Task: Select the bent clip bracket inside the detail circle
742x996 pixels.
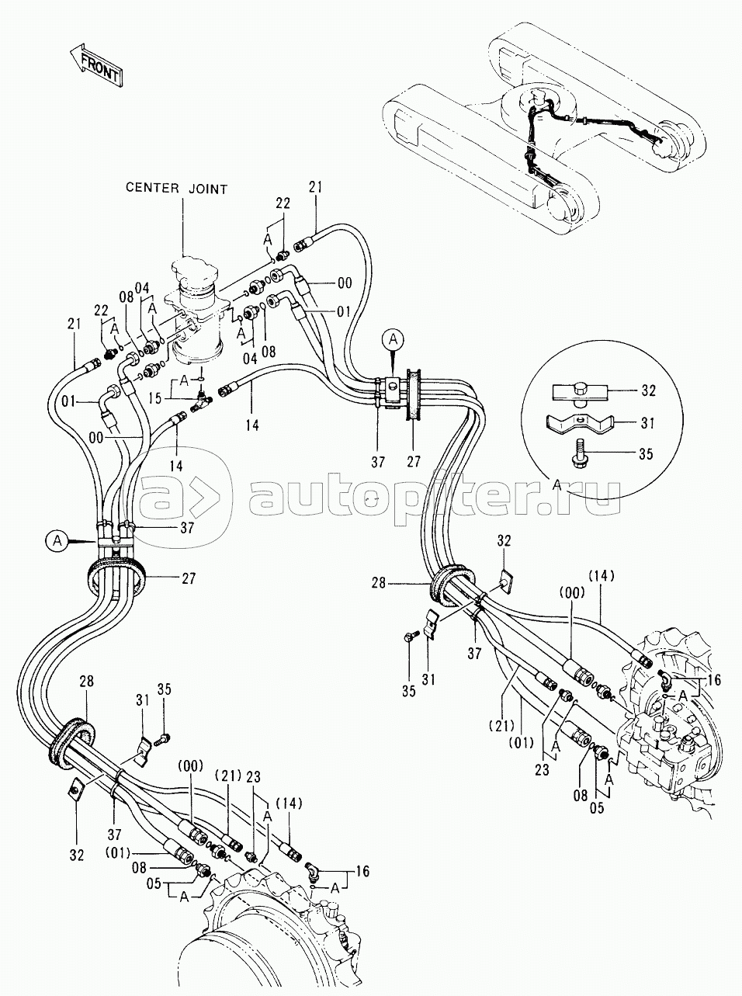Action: pos(578,424)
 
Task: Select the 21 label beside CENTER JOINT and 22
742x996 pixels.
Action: pos(315,186)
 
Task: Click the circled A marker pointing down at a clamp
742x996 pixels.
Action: pos(394,338)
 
